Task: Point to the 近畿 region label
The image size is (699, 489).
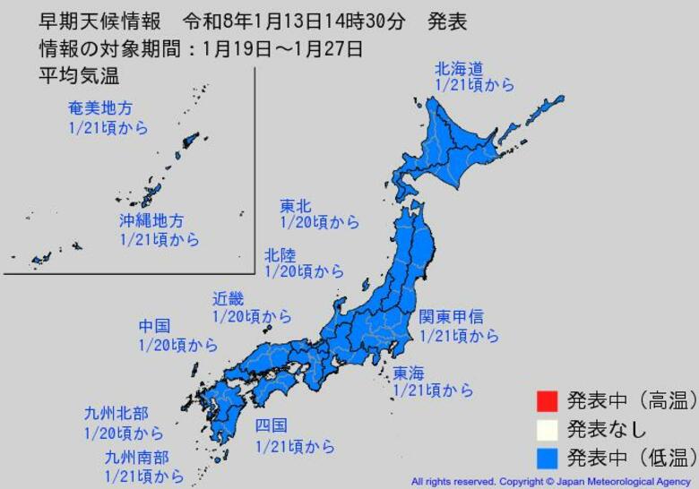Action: [x=228, y=299]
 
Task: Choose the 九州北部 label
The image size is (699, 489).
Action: [x=116, y=414]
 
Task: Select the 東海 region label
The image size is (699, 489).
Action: [x=408, y=373]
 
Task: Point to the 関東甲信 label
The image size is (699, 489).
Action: [x=452, y=317]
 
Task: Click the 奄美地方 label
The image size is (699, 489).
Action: [x=100, y=108]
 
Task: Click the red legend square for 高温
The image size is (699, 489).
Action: [x=548, y=399]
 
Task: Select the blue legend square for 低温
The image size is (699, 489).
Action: [x=548, y=459]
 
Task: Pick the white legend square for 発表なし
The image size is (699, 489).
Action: [x=548, y=429]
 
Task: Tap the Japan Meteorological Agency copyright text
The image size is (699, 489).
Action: [x=550, y=481]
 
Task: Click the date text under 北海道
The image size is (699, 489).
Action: [x=474, y=85]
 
